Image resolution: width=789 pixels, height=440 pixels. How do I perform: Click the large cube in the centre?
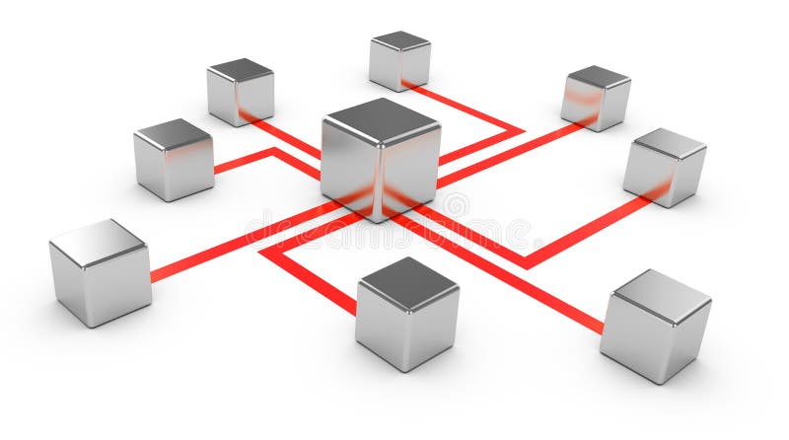coord(380,163)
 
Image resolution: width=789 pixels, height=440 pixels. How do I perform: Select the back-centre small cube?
coord(399,60)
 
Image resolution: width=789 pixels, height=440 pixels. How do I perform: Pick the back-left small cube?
coord(240,92)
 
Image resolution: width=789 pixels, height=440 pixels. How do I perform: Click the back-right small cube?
coord(596,98)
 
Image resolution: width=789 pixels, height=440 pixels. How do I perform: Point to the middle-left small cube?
coord(174,159)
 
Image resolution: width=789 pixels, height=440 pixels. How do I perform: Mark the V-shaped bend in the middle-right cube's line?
coord(528,262)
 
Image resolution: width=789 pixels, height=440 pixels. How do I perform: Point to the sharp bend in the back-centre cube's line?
coord(517,129)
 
